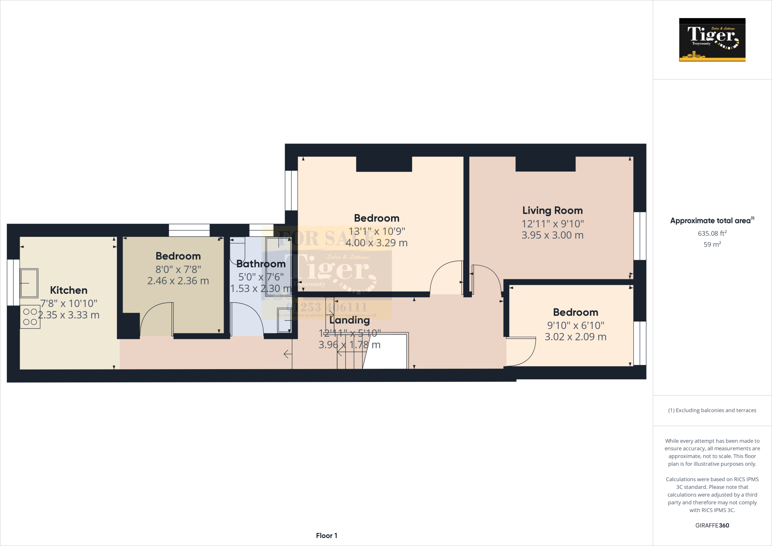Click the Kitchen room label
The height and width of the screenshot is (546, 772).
(69, 290)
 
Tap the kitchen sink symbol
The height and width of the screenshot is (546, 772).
(29, 283)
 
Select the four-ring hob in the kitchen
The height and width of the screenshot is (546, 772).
(30, 317)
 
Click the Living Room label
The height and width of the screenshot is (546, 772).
(552, 210)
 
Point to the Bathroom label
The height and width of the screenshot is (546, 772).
(261, 264)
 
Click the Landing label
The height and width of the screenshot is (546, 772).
(349, 320)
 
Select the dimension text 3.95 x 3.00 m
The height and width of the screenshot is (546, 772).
(552, 235)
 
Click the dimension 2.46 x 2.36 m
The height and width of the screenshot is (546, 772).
(178, 281)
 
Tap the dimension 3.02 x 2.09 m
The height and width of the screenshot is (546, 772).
(575, 337)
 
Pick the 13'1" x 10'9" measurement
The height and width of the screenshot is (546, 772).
(377, 231)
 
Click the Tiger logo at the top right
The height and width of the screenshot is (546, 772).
(712, 40)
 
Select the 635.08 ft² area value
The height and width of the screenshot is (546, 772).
(712, 233)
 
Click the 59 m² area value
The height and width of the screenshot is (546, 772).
(712, 244)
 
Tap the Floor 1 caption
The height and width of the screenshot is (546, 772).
(326, 535)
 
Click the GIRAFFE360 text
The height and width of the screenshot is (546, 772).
(712, 525)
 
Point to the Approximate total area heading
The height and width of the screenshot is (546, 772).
(712, 221)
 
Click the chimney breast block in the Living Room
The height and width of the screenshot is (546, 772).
(545, 164)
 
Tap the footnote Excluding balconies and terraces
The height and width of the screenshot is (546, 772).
(712, 410)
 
